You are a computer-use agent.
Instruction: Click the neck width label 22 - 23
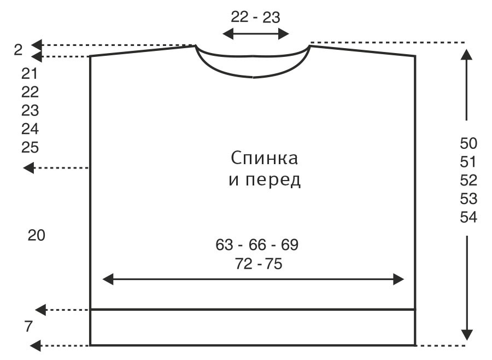[255, 17]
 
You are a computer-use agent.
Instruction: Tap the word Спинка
[264, 159]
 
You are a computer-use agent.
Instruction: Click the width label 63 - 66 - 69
[257, 245]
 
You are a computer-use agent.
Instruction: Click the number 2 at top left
[18, 50]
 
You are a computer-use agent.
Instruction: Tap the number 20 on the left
[36, 236]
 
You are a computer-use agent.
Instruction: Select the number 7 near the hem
[28, 327]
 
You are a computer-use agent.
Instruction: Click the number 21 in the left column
[30, 73]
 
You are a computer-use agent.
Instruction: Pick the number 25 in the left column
[30, 147]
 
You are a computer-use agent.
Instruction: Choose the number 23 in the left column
[30, 111]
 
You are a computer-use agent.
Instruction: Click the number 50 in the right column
[468, 143]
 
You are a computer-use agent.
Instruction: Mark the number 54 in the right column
[468, 217]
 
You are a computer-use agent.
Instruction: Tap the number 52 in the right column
[468, 180]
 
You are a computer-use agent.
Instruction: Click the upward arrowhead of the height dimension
[466, 54]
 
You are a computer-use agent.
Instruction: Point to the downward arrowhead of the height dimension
[466, 335]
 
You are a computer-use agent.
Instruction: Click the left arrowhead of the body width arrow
[108, 280]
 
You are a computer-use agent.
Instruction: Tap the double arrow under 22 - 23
[255, 34]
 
